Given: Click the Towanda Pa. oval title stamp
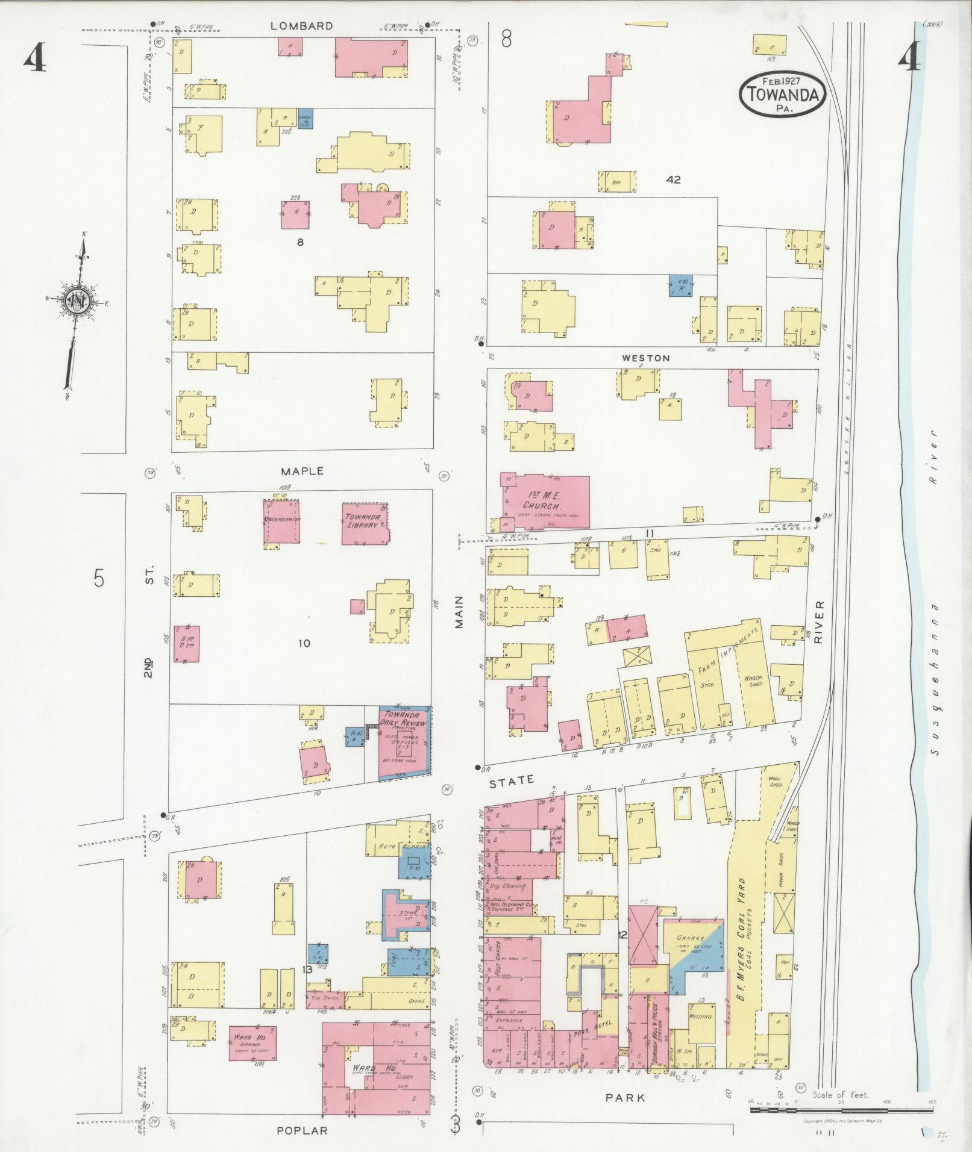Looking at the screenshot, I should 783,94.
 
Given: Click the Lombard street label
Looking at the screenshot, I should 293,26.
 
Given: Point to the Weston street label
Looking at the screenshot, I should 645,358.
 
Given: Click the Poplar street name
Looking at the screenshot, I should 302,1131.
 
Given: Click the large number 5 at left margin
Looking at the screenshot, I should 99,579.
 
